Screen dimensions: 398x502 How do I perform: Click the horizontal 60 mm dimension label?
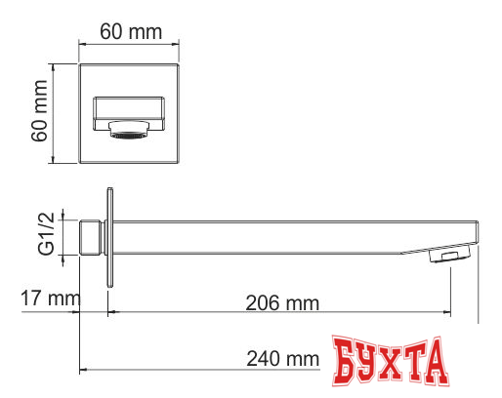(x=131, y=32)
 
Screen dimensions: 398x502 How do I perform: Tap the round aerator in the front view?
(x=131, y=130)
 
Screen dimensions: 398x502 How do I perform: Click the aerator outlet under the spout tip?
(x=449, y=258)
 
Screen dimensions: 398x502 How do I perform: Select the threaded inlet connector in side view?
(x=93, y=235)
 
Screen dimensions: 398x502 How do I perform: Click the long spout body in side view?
(x=283, y=234)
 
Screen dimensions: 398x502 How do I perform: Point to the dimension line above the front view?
(x=130, y=44)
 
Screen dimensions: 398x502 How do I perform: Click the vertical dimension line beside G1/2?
(x=61, y=236)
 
